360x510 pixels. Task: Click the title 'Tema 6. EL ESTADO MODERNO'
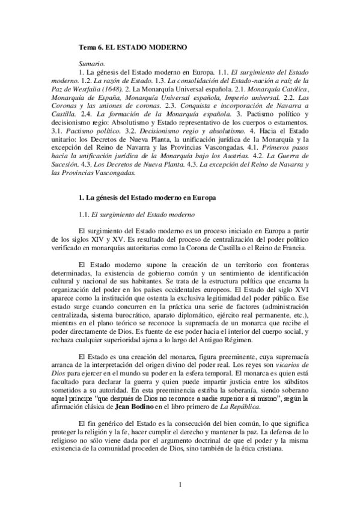pyautogui.click(x=133, y=46)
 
